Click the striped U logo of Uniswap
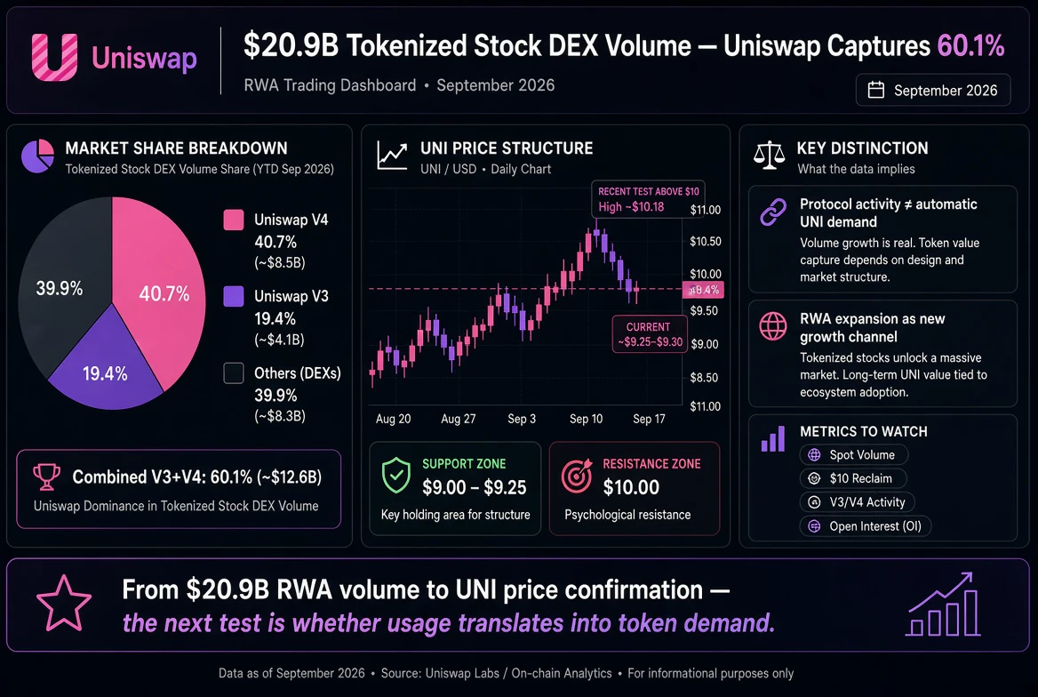click(54, 58)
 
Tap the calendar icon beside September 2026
click(876, 90)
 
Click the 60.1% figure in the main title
click(970, 45)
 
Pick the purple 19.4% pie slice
click(106, 368)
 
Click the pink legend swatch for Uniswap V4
click(234, 220)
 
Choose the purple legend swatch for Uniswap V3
click(234, 296)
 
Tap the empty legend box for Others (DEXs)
click(234, 373)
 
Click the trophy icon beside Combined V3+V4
click(46, 477)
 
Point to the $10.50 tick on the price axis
click(705, 241)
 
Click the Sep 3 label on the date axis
click(522, 419)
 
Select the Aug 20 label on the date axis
click(393, 419)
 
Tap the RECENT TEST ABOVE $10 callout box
click(648, 199)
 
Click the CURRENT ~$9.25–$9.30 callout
click(650, 334)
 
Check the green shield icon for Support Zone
click(396, 475)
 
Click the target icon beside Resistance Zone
click(577, 475)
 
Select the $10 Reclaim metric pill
click(852, 478)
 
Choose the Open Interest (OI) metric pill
click(866, 526)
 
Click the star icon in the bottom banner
click(64, 604)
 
